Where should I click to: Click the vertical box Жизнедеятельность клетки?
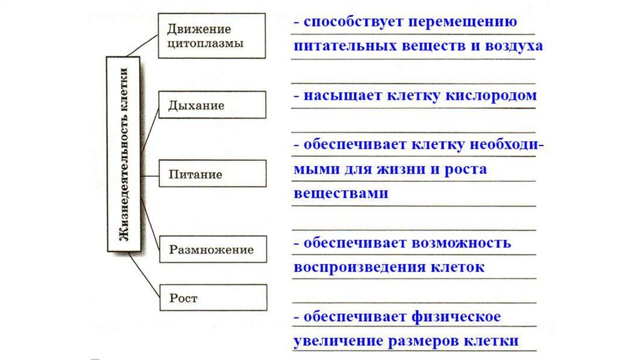[124, 154]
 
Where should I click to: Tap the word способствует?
[354, 22]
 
